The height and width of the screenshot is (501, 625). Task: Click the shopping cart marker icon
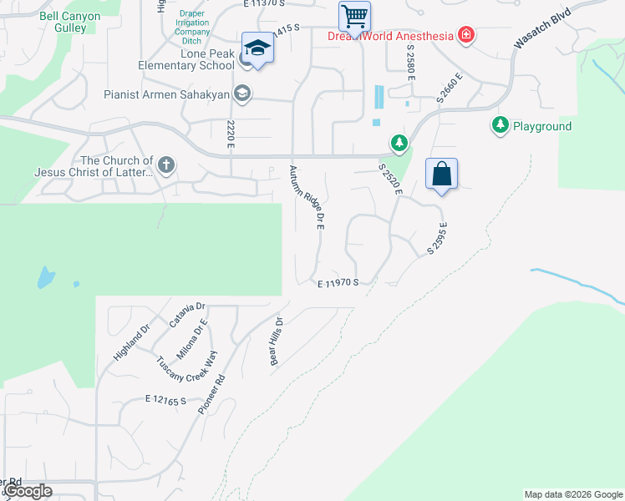tap(354, 15)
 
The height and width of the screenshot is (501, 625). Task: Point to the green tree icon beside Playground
tap(500, 125)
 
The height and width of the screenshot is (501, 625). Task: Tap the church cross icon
tap(165, 164)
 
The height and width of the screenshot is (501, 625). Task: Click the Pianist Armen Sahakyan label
tap(167, 94)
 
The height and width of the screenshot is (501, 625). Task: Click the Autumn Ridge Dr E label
tap(307, 198)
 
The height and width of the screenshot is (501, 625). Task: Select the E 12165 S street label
tap(165, 401)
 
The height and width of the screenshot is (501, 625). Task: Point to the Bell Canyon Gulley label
tap(69, 23)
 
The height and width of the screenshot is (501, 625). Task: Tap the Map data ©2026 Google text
tap(572, 494)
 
